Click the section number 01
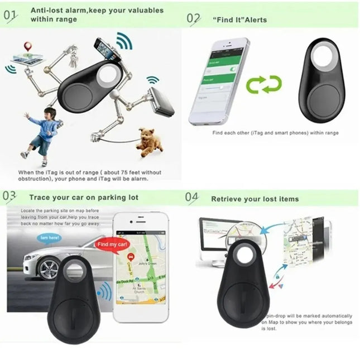point(11,15)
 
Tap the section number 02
point(193,18)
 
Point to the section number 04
point(191,198)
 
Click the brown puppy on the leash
point(148,142)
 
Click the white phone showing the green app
point(218,81)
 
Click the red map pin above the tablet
point(26,47)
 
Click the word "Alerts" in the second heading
point(255,20)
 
